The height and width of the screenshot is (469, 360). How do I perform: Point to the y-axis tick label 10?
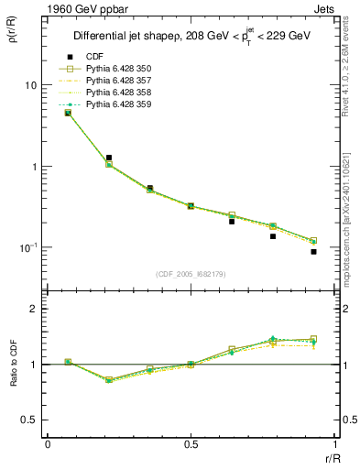(29, 85)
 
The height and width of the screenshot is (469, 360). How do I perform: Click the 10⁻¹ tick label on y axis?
(27, 248)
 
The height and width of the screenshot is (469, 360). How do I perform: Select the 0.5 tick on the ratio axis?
(29, 420)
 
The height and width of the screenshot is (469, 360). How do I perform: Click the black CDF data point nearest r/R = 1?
(313, 251)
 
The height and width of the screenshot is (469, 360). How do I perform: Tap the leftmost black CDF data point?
(68, 113)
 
